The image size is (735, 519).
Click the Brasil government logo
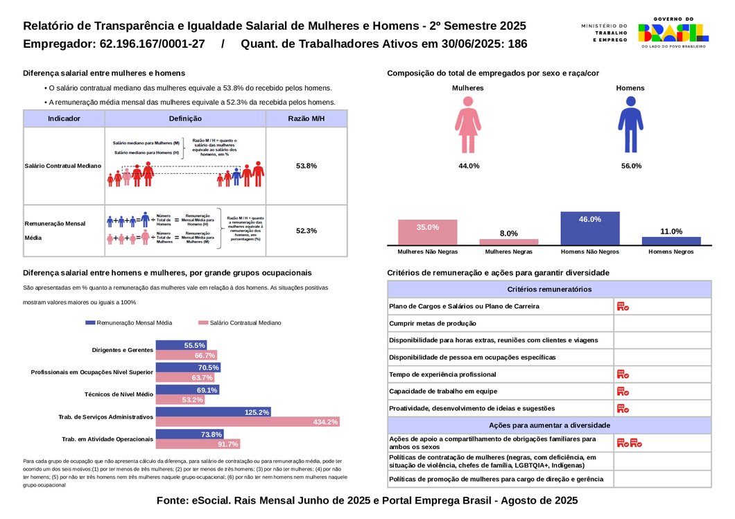point(673,33)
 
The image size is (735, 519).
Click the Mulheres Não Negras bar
point(428,231)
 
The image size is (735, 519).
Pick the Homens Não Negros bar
point(589,228)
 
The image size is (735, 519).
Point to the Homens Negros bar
point(671,240)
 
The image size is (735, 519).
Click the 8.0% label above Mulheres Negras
point(508,234)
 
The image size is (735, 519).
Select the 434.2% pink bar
point(248,422)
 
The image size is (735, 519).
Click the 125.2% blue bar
point(213,412)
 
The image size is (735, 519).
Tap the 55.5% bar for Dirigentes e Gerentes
point(181,345)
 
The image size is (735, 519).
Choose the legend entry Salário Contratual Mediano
point(239,323)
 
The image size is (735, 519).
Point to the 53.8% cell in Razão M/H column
point(306,166)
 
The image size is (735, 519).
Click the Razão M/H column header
point(306,118)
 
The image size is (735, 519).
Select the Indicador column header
point(64,118)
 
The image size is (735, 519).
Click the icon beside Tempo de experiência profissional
point(623,374)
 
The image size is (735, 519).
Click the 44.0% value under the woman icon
point(469,166)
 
